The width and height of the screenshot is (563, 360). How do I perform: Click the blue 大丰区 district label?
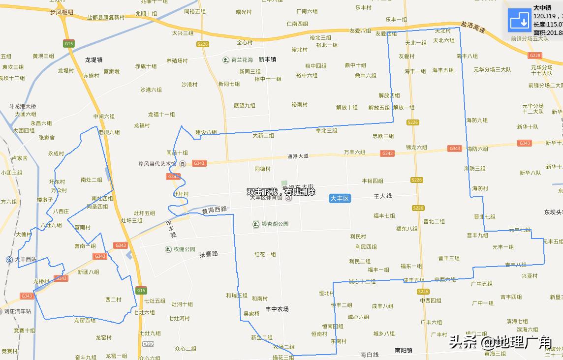click(339, 198)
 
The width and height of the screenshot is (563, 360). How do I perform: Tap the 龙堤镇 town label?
click(94, 60)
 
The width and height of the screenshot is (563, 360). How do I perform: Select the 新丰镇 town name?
click(267, 60)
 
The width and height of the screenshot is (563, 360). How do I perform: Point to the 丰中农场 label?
click(277, 309)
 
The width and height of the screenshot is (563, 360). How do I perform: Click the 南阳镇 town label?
click(404, 350)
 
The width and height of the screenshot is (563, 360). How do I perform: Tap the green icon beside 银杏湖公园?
click(256, 224)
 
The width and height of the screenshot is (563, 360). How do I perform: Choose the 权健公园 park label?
click(184, 249)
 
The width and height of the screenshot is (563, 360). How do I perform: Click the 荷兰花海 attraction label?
click(242, 60)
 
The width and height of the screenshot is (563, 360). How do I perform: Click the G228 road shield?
click(534, 56)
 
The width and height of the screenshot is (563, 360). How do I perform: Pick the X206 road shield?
click(148, 344)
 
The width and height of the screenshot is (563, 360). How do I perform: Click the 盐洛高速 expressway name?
click(473, 27)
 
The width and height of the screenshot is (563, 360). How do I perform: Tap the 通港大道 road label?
click(298, 156)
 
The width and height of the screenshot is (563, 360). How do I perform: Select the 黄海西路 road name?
click(215, 210)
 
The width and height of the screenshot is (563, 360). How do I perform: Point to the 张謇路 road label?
click(209, 254)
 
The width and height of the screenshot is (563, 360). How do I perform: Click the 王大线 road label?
click(382, 196)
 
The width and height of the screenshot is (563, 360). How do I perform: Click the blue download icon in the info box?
click(519, 20)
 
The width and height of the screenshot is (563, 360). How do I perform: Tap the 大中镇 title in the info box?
click(542, 7)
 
